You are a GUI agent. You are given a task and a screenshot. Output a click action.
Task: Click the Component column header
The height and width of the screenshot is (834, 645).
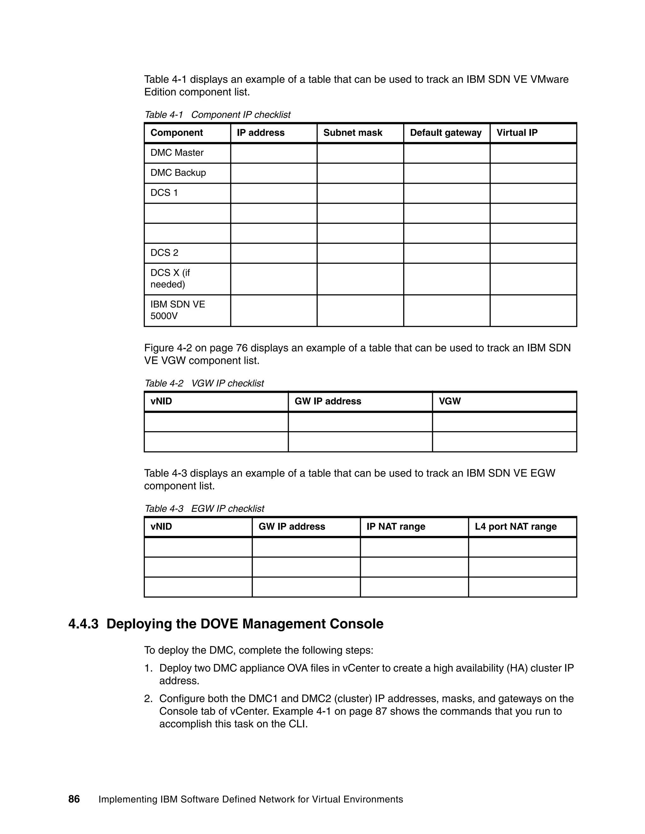click(x=177, y=132)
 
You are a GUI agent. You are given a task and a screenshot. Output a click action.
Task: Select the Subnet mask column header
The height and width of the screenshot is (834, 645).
click(x=352, y=132)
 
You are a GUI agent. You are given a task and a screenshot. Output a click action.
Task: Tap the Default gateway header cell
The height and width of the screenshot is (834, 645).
click(x=446, y=132)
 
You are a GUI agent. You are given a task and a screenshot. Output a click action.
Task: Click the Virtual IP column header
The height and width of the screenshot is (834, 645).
click(x=517, y=132)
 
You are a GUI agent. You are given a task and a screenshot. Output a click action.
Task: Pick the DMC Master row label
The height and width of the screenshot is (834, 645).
click(x=177, y=153)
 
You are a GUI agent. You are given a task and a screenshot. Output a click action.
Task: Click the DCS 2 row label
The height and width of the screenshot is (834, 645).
click(x=164, y=253)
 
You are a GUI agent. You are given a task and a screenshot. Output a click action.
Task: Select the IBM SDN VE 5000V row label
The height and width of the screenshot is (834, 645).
click(x=178, y=310)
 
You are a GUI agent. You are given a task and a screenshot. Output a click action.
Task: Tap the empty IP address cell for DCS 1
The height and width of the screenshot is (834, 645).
click(x=274, y=193)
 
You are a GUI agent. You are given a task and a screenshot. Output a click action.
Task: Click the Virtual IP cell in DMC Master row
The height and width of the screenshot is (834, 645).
click(x=533, y=153)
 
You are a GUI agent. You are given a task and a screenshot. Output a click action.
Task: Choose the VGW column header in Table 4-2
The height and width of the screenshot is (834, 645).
click(x=450, y=401)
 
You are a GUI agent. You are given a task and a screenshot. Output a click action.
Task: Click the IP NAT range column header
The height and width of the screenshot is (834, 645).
click(x=396, y=527)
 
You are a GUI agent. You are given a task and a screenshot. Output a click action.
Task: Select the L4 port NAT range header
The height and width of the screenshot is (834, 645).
click(x=516, y=527)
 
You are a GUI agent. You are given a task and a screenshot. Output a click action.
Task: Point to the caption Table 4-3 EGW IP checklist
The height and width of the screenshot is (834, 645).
click(x=204, y=509)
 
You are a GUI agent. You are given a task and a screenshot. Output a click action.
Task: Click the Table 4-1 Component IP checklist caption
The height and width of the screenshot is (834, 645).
click(x=217, y=115)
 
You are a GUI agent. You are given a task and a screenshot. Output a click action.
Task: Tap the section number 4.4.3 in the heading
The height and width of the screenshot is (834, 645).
click(x=83, y=624)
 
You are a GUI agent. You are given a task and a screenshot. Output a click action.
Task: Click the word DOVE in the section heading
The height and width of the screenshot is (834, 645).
click(x=219, y=624)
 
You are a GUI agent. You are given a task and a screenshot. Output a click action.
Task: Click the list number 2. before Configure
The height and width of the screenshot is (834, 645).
click(x=148, y=699)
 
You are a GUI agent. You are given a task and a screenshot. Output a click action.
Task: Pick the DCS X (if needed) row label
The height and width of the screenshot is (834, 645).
click(x=170, y=279)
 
